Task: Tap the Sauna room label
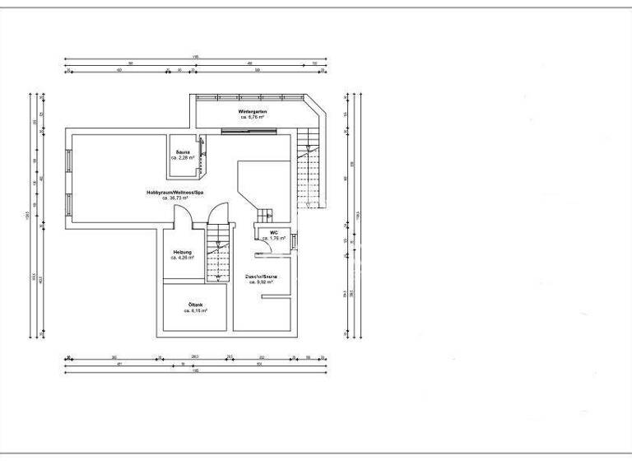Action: [183, 151]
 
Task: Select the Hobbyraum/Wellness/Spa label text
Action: [174, 192]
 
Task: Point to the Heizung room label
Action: [182, 251]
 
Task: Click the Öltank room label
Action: [195, 305]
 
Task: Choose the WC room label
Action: [273, 233]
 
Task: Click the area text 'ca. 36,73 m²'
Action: [174, 198]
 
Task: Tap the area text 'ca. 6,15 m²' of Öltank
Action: [195, 311]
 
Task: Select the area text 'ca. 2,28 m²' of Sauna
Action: [183, 157]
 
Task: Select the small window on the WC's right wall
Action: [294, 240]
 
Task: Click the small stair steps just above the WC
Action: [264, 216]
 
